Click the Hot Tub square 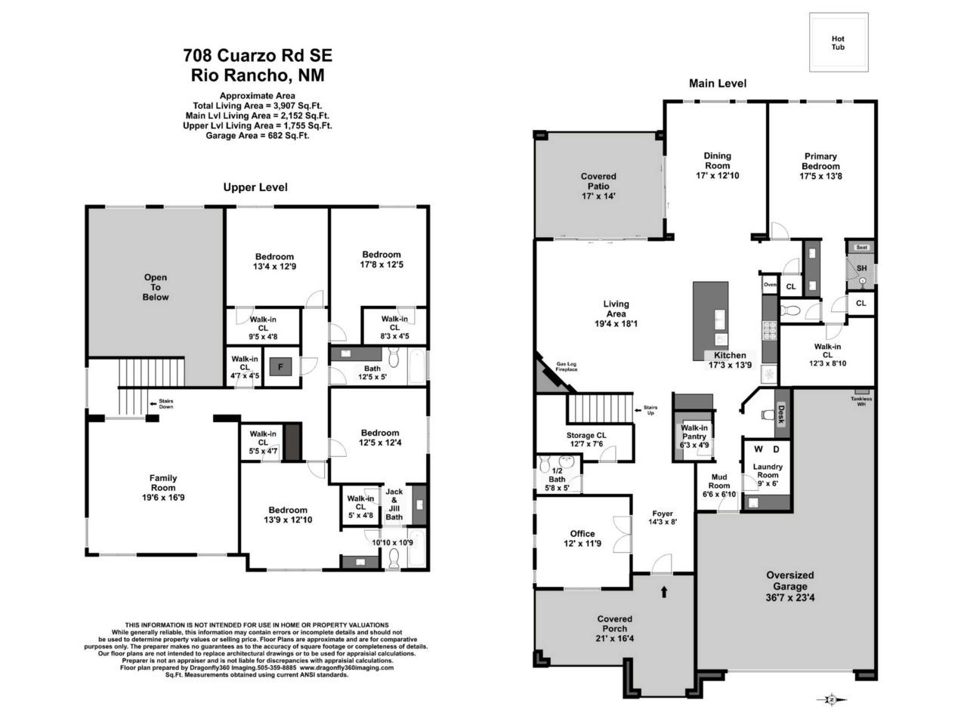tap(838, 43)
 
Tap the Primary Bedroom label tap(820, 162)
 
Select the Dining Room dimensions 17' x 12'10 tap(718, 176)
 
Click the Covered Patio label tap(598, 181)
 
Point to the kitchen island tap(711, 320)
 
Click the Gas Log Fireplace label tap(567, 366)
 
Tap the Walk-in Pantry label tap(694, 432)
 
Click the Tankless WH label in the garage tap(860, 401)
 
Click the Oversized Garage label tap(790, 580)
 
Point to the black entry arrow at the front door tap(664, 591)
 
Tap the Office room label tap(582, 533)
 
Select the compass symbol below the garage tap(831, 699)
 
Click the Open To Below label tap(156, 287)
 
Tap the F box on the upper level tap(281, 368)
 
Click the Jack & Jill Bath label tap(394, 504)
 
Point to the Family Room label tap(163, 483)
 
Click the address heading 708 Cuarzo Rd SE tap(258, 55)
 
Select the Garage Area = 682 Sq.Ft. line tap(258, 136)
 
